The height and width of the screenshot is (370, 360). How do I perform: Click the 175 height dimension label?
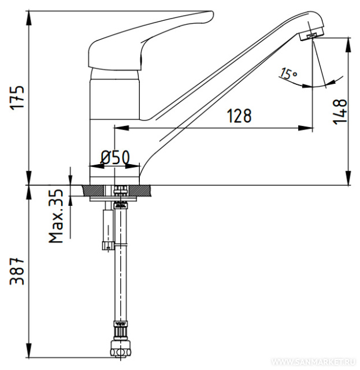(17, 97)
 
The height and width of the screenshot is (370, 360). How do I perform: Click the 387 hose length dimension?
(17, 271)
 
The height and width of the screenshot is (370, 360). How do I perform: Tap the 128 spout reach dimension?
(239, 116)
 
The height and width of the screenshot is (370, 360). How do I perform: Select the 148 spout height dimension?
(340, 112)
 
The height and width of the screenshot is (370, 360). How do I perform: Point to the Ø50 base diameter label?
(116, 157)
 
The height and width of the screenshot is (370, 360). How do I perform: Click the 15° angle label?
(288, 73)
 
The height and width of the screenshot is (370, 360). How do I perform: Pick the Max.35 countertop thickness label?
(56, 216)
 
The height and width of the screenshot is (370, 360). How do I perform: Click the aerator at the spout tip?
(311, 35)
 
